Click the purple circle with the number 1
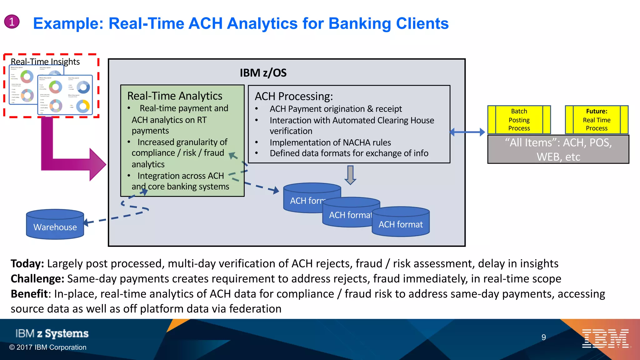click(x=12, y=22)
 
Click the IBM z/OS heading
click(x=263, y=73)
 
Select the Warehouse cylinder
click(x=55, y=225)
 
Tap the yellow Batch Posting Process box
click(x=519, y=120)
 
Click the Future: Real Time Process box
click(x=596, y=120)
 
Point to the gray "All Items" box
click(x=558, y=149)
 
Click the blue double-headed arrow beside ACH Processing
click(x=467, y=132)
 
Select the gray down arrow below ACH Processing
click(x=350, y=175)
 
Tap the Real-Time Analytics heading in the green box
click(x=175, y=96)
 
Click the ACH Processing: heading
click(x=294, y=96)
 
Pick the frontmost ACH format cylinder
click(x=401, y=222)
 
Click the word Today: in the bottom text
click(x=27, y=263)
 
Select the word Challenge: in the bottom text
click(x=37, y=278)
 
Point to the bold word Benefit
click(x=29, y=294)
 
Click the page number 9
click(x=543, y=337)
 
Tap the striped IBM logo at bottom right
click(x=605, y=338)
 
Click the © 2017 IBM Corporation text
click(x=48, y=347)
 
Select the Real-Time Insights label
click(x=45, y=62)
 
